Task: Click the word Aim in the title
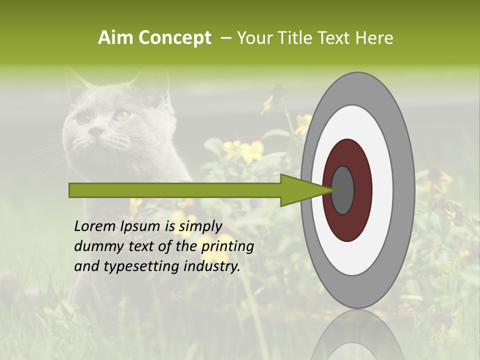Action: point(115,38)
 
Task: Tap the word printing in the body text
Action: point(227,246)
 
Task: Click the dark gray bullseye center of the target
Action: point(342,190)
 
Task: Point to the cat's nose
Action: point(96,131)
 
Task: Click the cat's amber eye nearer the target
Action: point(121,115)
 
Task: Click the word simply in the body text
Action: point(200,226)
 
